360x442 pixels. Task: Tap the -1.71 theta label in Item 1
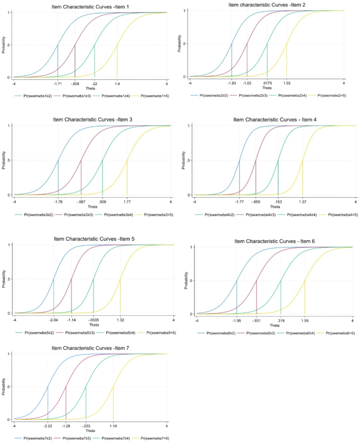(58, 84)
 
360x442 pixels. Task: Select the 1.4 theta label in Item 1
(117, 84)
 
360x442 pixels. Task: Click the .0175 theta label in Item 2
(267, 83)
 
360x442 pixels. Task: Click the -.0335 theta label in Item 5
(93, 320)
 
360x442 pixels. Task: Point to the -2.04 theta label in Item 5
(54, 320)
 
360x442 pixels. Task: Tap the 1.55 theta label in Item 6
(305, 320)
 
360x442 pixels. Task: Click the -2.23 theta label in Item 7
(48, 426)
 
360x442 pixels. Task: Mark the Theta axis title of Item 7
(90, 431)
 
